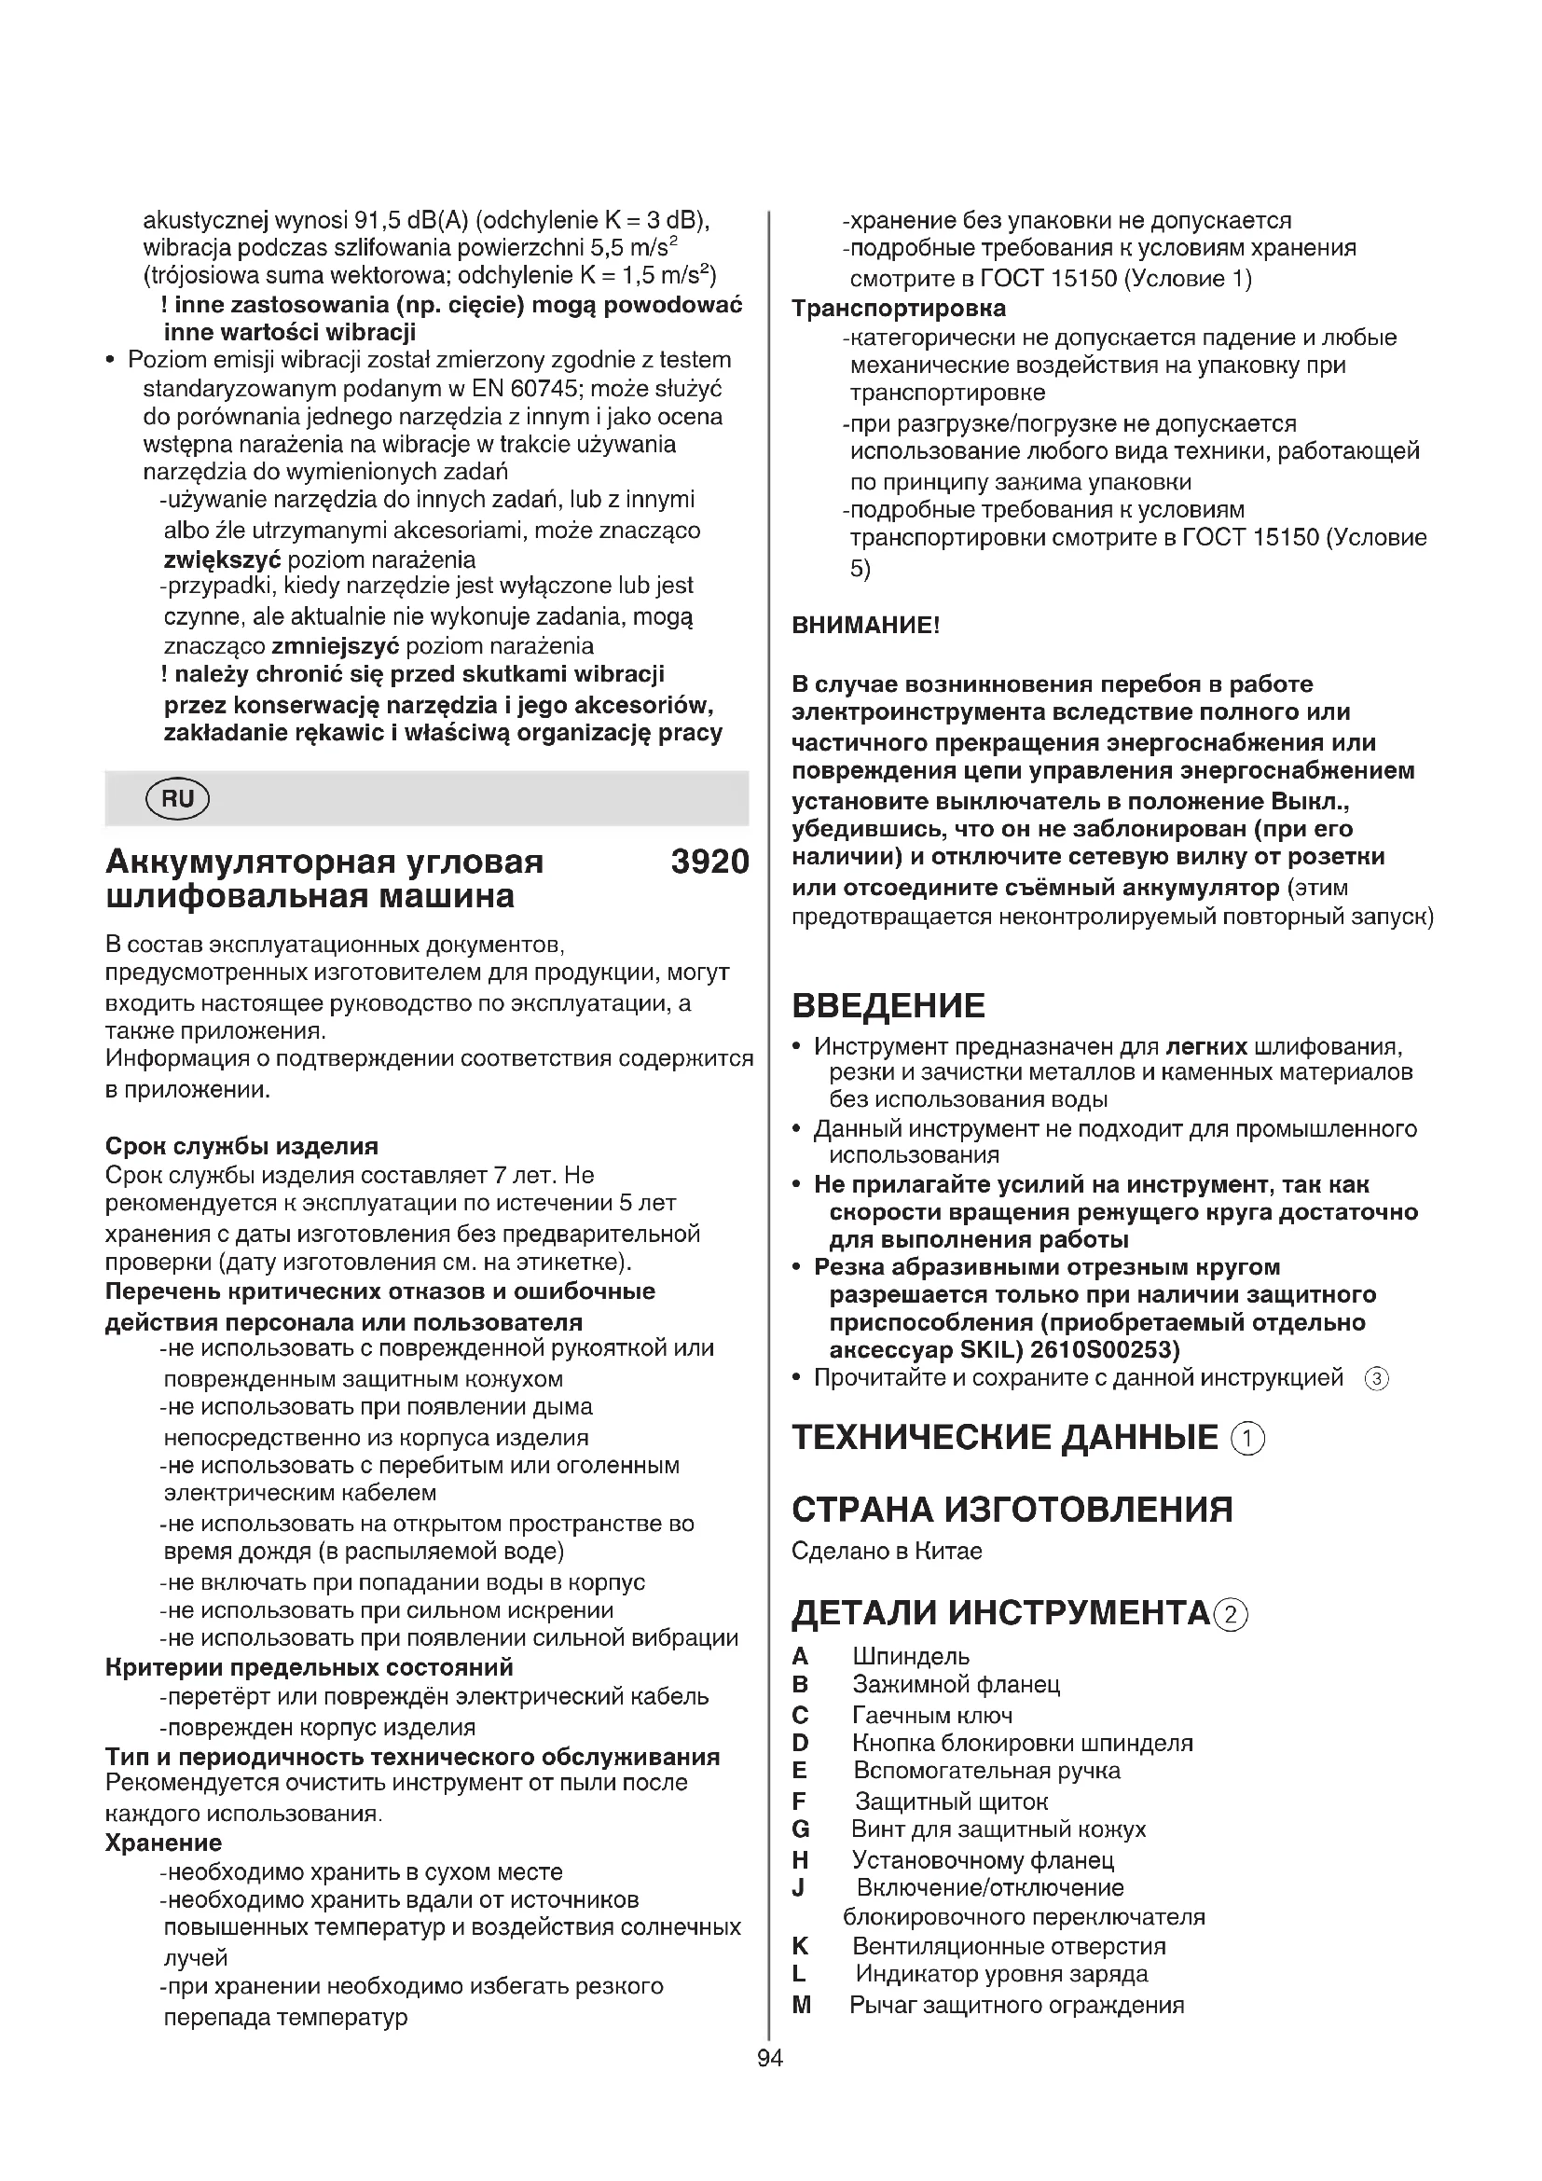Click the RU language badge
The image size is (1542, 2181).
pos(177,799)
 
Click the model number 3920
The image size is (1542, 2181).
pos(709,863)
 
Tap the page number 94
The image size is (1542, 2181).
pos(770,2058)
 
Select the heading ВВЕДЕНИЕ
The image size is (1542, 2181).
pos(888,1005)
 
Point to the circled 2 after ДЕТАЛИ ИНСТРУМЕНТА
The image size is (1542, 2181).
pos(1231,1615)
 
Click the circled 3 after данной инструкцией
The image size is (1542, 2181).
pos(1376,1379)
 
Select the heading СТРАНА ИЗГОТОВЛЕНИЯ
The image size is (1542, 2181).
pos(1012,1510)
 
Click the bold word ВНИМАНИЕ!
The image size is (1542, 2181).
pos(866,625)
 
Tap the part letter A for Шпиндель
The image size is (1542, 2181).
pos(801,1657)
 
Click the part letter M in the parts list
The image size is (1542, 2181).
pos(802,2006)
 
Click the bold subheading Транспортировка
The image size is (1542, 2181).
pos(898,309)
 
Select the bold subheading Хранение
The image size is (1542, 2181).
pos(163,1843)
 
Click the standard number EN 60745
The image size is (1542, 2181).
pos(518,389)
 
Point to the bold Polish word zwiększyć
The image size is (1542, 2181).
pos(222,559)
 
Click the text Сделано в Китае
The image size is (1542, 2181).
pos(887,1552)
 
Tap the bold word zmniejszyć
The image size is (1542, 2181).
pos(335,647)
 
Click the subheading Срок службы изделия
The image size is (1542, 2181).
pos(241,1146)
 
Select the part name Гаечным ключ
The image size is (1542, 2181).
pos(932,1716)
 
